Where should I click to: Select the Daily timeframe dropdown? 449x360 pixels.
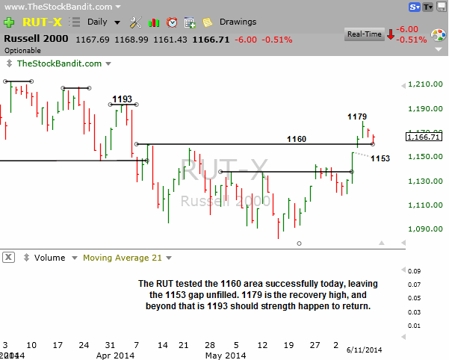coord(99,22)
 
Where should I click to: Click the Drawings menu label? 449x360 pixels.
coord(238,22)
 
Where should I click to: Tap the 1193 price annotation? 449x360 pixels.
coord(123,99)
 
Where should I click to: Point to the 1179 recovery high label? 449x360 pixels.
coord(357,117)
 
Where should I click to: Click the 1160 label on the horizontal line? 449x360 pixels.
coord(297,139)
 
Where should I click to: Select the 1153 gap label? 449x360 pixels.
coord(380,158)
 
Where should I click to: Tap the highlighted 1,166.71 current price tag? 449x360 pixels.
coord(424,137)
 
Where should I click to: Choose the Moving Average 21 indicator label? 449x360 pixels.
coord(123,258)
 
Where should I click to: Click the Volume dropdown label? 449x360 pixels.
coord(51,258)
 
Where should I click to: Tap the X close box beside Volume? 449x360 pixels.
coord(9,258)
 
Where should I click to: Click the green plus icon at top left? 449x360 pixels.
coord(8,22)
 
